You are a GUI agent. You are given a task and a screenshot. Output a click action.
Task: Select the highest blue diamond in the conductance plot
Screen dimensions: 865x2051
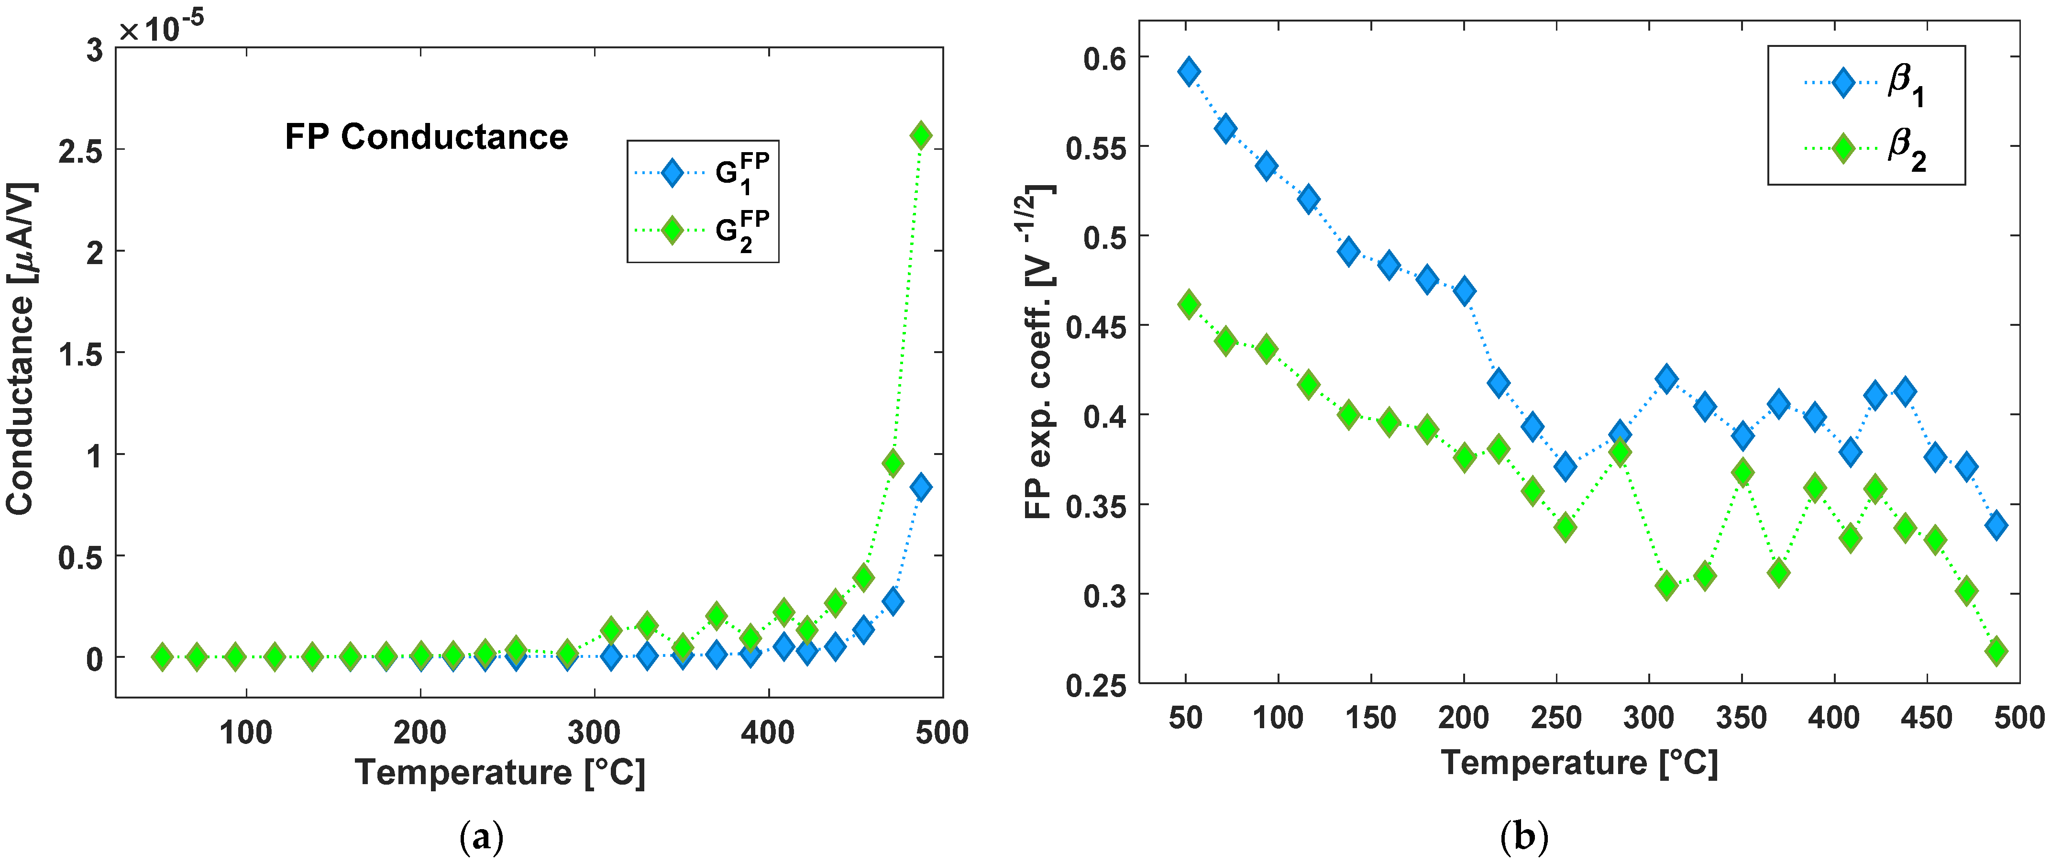(920, 487)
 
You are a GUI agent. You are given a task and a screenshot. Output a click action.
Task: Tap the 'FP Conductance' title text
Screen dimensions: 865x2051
(426, 137)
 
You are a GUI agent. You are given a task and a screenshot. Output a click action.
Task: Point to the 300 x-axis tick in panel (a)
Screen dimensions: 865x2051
(594, 731)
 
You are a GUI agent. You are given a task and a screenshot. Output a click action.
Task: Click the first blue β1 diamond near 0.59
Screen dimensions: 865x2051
(1189, 72)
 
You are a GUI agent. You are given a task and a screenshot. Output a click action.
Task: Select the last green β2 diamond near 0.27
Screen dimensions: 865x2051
(1995, 651)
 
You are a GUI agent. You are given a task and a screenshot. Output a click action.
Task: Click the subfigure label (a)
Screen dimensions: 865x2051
(482, 838)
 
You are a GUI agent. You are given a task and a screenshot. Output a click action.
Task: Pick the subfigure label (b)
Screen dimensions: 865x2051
(1523, 838)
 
